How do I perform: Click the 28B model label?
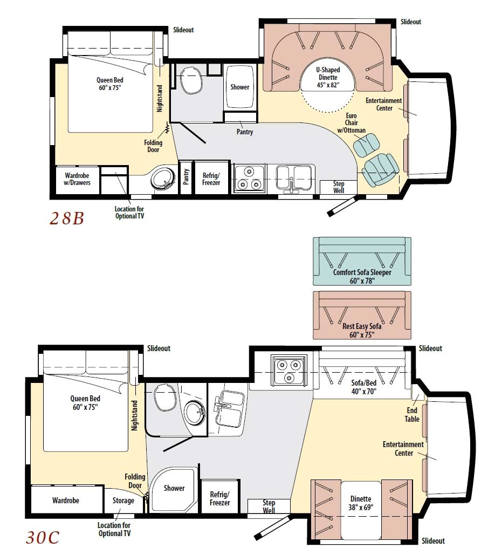point(67,218)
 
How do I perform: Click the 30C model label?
point(43,537)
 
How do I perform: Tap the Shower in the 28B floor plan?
point(239,87)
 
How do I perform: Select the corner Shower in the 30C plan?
point(174,488)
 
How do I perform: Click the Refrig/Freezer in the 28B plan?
point(212,178)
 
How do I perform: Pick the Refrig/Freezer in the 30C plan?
point(219,498)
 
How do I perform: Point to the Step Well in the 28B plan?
point(338,187)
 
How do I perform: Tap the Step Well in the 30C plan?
point(269,506)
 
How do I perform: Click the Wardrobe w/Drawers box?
point(78,179)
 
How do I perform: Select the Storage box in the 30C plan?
point(123,501)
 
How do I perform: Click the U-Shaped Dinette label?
point(327,77)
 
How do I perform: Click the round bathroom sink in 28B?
point(161,178)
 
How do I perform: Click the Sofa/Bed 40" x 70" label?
point(360,386)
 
